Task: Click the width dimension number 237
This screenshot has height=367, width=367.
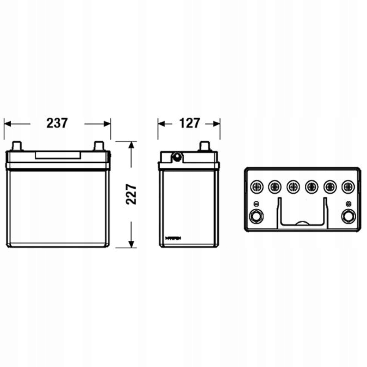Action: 57,123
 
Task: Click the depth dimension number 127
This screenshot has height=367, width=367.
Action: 190,123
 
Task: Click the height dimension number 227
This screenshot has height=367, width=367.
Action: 131,195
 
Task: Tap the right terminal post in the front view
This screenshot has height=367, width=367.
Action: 99,146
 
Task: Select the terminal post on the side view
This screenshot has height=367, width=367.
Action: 205,146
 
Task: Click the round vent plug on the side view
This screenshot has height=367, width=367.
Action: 176,157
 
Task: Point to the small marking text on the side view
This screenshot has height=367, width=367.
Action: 173,238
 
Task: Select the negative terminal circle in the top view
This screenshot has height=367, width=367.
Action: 256,216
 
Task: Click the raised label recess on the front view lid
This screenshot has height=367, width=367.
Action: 58,155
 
